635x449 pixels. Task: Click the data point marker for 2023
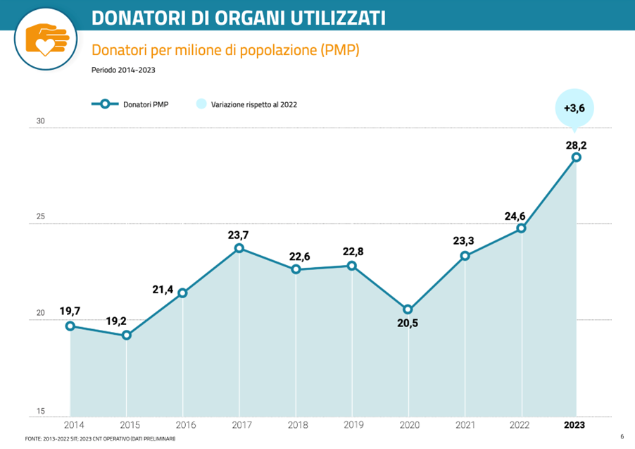coord(577,157)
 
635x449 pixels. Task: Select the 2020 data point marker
coord(408,309)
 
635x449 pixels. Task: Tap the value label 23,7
coord(239,235)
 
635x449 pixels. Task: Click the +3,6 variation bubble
coord(574,108)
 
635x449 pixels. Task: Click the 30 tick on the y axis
coord(41,121)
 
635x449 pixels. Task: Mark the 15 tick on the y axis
coord(41,411)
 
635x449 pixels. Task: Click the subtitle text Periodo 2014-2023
coord(123,70)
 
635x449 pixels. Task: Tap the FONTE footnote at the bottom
coord(100,439)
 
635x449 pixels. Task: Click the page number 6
coord(622,437)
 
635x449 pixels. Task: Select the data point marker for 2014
coord(70,326)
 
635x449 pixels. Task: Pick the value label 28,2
coord(576,145)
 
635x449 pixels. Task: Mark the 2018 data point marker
coord(296,269)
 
